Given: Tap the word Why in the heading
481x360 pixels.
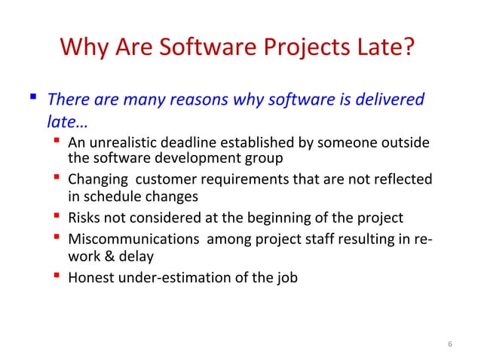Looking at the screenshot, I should point(82,50).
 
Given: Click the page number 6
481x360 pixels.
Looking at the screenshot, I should point(449,345).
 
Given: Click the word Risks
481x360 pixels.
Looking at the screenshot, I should point(84,218).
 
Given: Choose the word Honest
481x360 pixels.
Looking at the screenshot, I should point(90,277).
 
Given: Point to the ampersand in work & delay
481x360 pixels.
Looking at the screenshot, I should point(105,255).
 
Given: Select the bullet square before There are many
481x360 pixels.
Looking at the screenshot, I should point(33,99).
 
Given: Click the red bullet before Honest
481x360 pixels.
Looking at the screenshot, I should point(57,276).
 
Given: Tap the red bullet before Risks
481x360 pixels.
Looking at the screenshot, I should point(57,218).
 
